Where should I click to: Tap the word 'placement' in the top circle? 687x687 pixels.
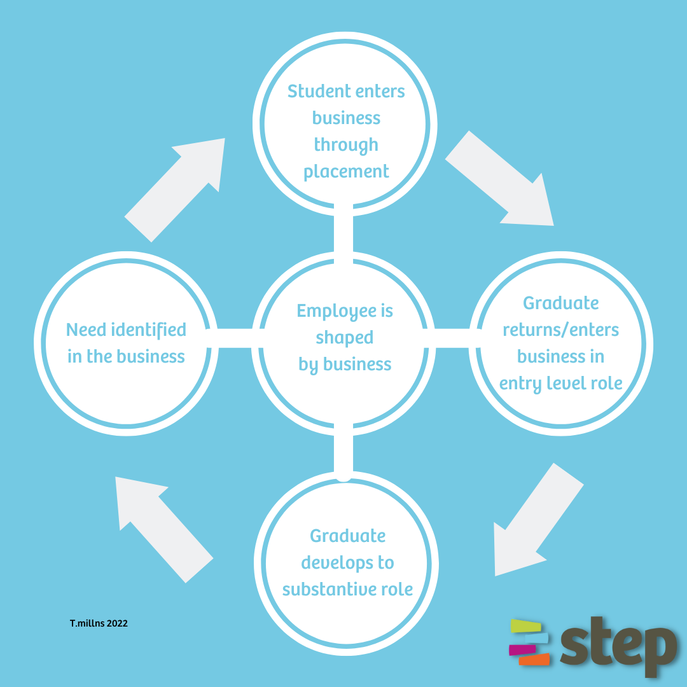[346, 172]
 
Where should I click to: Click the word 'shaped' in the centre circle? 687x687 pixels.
[344, 338]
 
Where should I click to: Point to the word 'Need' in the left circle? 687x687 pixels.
[86, 330]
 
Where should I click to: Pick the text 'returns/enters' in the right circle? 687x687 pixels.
[560, 330]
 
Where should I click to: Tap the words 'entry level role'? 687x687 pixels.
[560, 384]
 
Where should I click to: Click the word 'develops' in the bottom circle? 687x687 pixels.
[347, 563]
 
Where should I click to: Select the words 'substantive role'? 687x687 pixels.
[347, 590]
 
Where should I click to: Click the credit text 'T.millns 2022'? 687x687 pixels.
[99, 623]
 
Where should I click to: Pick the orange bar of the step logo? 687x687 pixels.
[534, 660]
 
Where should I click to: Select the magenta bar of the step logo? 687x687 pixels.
[522, 649]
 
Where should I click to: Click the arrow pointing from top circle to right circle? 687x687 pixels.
[503, 181]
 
